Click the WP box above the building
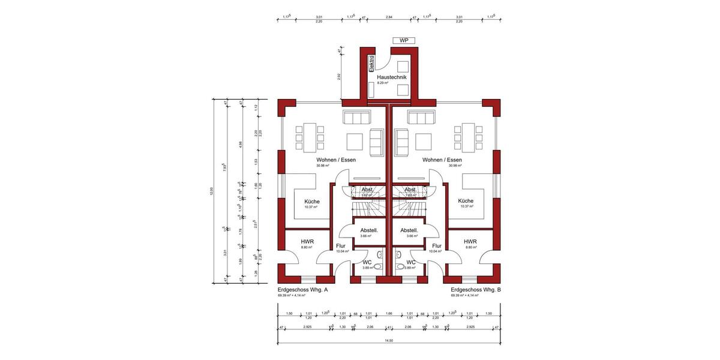tap(404, 40)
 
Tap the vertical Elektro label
tap(371, 64)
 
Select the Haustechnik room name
tap(392, 77)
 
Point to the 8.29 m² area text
tap(382, 84)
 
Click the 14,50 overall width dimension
tap(389, 340)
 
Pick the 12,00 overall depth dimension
tap(211, 191)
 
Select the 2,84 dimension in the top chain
tap(389, 17)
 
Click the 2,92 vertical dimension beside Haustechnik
tap(339, 77)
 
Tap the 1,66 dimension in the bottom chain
tap(389, 313)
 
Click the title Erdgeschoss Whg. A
tap(302, 290)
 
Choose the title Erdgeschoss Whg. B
tap(476, 290)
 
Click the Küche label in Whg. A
tap(312, 202)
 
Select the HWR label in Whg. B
tap(470, 242)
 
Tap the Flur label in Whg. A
tap(341, 246)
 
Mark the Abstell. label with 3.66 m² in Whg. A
tap(368, 230)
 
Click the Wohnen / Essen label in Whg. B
tap(442, 160)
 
